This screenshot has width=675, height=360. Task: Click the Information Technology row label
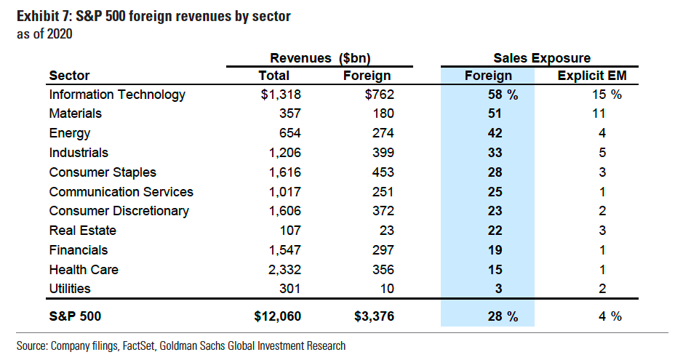click(x=117, y=95)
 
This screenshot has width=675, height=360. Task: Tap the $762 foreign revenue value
click(x=377, y=95)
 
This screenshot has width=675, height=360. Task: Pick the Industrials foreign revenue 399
click(x=382, y=153)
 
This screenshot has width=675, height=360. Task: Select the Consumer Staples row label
click(x=103, y=172)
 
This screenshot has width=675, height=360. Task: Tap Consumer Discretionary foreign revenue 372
click(x=382, y=211)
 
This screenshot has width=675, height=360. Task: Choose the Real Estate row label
click(x=83, y=231)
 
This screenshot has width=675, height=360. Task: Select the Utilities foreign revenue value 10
click(x=386, y=289)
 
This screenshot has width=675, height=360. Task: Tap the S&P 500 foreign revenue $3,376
click(x=372, y=316)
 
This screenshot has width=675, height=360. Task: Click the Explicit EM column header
click(x=592, y=76)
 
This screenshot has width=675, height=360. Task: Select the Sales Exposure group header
click(x=542, y=58)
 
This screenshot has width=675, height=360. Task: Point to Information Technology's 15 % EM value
click(x=596, y=95)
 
